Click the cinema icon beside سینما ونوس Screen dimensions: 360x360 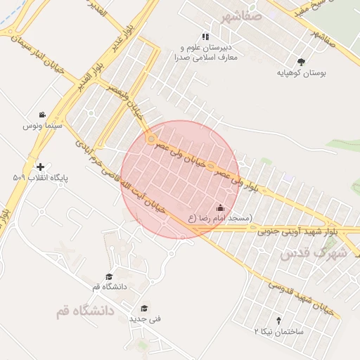(42, 115)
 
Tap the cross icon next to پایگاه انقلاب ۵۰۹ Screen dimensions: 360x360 (40, 167)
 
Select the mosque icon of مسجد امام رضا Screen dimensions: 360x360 (221, 208)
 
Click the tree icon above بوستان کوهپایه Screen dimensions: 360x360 (302, 62)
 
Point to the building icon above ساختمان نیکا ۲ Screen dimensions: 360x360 (278, 321)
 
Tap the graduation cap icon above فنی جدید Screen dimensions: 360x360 (144, 308)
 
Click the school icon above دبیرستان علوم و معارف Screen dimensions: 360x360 (205, 37)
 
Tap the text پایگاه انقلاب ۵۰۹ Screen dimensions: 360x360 (39, 178)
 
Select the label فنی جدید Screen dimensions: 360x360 (145, 319)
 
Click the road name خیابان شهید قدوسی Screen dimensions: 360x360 (296, 295)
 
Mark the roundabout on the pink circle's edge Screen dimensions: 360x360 (150, 140)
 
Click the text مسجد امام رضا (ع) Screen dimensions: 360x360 (219, 219)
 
